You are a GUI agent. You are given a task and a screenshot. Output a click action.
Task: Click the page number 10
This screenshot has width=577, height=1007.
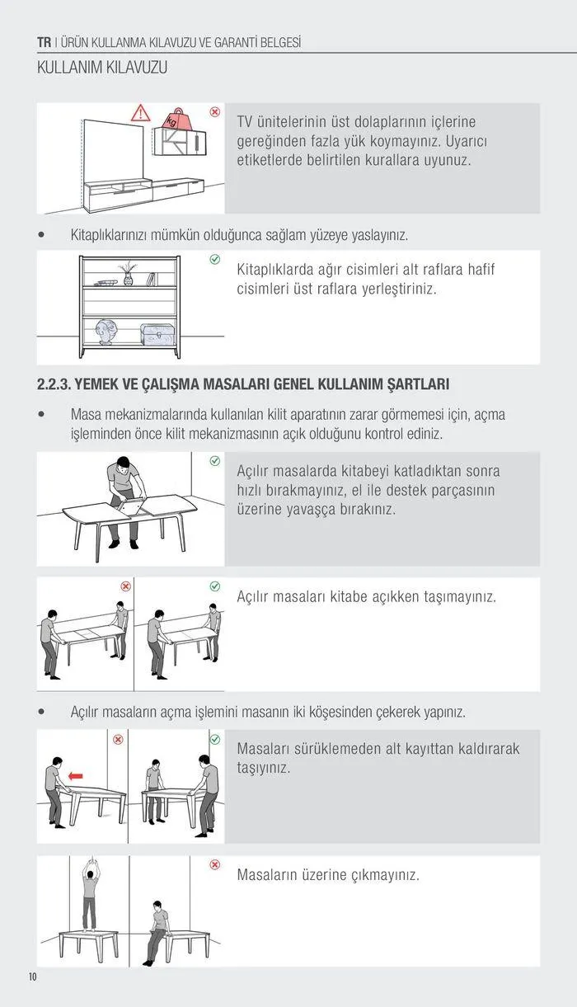[x=33, y=977]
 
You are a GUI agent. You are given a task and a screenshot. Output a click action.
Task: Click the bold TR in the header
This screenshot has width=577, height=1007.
[x=45, y=42]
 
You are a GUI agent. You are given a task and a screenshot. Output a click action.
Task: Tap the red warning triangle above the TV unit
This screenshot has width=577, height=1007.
[x=141, y=113]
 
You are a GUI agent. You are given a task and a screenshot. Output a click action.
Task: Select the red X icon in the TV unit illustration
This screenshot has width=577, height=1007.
[x=214, y=111]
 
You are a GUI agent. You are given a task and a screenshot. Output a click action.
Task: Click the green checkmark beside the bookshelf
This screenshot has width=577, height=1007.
[x=215, y=260]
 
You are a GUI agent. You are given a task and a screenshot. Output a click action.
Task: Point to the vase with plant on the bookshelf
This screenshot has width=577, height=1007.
[x=128, y=275]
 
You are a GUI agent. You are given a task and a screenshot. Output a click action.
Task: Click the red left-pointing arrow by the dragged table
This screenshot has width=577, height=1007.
[x=76, y=775]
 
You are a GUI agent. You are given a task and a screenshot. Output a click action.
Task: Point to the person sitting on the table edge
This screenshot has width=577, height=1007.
[x=157, y=932]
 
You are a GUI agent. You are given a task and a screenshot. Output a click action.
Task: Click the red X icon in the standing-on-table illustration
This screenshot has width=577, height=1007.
[x=215, y=864]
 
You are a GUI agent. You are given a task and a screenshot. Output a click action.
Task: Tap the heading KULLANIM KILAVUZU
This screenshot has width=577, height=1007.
[x=102, y=68]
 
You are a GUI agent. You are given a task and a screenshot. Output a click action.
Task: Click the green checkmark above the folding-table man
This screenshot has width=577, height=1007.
[x=215, y=460]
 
